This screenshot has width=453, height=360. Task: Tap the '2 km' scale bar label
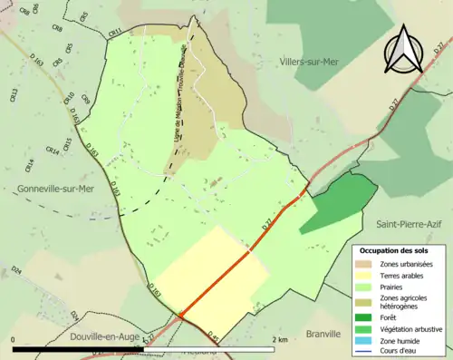pyautogui.click(x=279, y=339)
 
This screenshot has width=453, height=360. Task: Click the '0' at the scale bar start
pyautogui.click(x=14, y=339)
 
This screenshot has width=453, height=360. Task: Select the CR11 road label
pyautogui.click(x=115, y=33)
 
